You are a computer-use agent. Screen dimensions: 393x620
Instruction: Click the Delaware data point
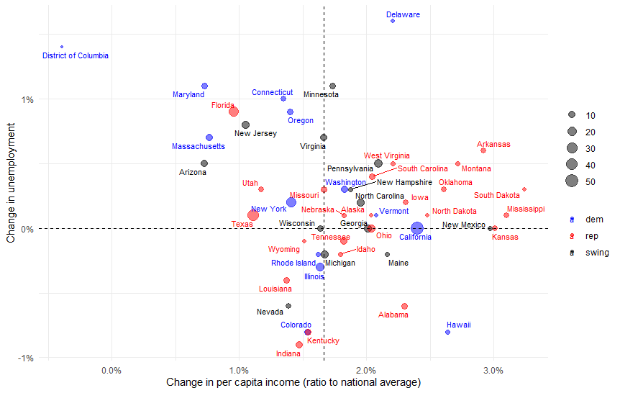[x=393, y=21]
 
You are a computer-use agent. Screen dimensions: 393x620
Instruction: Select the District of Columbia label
[x=76, y=55]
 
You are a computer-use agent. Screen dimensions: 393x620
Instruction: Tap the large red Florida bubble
[x=234, y=112]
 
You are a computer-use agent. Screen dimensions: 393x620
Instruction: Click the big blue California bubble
[x=417, y=228]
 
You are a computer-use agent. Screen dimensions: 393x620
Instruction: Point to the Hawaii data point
[x=447, y=332]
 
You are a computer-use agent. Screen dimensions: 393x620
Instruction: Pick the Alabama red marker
[x=404, y=306]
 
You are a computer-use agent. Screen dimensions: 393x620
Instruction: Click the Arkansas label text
[x=493, y=145]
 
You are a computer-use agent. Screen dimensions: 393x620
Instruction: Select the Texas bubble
[x=253, y=215]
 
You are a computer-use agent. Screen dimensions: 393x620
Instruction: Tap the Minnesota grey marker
[x=332, y=86]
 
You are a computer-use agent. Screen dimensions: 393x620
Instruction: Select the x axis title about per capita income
[x=293, y=382]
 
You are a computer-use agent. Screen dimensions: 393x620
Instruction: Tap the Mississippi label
[x=525, y=209]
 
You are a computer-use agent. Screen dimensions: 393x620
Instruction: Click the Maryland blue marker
[x=204, y=86]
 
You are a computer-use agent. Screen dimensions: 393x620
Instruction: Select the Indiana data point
[x=299, y=345]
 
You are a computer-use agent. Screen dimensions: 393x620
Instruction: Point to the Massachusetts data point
[x=209, y=137]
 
